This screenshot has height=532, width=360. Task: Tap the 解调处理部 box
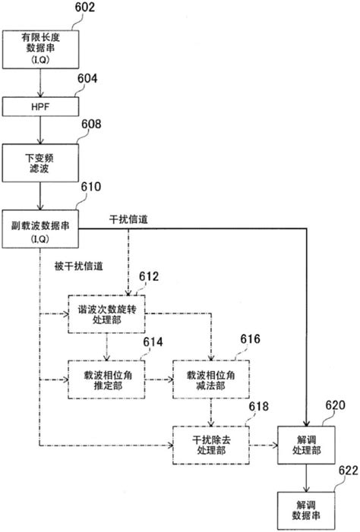306,445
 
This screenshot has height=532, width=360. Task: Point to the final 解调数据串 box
306,508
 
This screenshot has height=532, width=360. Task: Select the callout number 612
150,277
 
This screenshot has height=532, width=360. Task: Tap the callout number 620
336,406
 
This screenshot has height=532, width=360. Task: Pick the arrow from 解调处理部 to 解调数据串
306,477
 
